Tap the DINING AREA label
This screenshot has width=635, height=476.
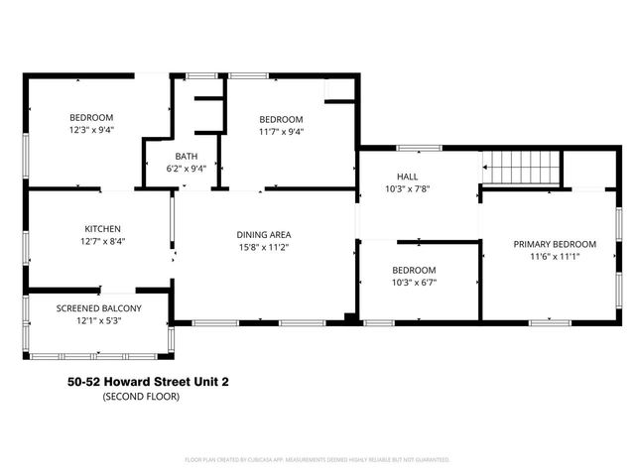(263, 235)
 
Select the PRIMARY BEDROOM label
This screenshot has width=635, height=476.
(554, 244)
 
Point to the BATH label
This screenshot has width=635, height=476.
(187, 157)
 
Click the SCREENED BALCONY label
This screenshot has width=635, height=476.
(98, 308)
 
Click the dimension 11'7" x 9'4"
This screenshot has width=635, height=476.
(281, 131)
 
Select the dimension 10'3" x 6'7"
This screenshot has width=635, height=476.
(414, 283)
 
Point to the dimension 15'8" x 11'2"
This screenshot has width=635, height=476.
(263, 247)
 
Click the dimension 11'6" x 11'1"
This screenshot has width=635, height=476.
(554, 256)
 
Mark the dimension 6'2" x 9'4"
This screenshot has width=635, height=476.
(187, 170)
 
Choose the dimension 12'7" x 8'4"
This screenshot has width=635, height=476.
(102, 241)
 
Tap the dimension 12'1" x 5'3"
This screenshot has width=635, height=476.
(98, 320)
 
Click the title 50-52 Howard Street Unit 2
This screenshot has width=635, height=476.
(152, 381)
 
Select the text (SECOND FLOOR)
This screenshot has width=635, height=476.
(142, 396)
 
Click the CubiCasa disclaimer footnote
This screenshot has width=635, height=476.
(317, 459)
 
